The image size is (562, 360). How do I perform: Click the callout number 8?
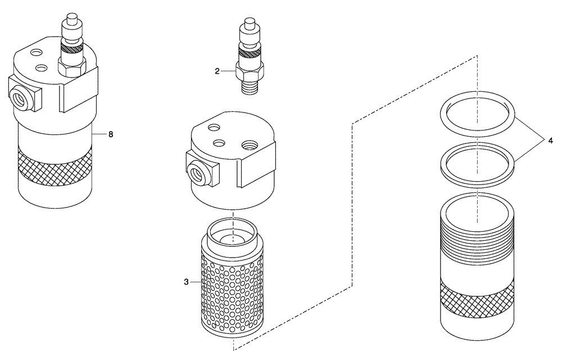pos(111,134)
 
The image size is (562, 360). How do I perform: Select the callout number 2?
pos(217,71)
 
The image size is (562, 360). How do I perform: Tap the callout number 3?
pos(186,282)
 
